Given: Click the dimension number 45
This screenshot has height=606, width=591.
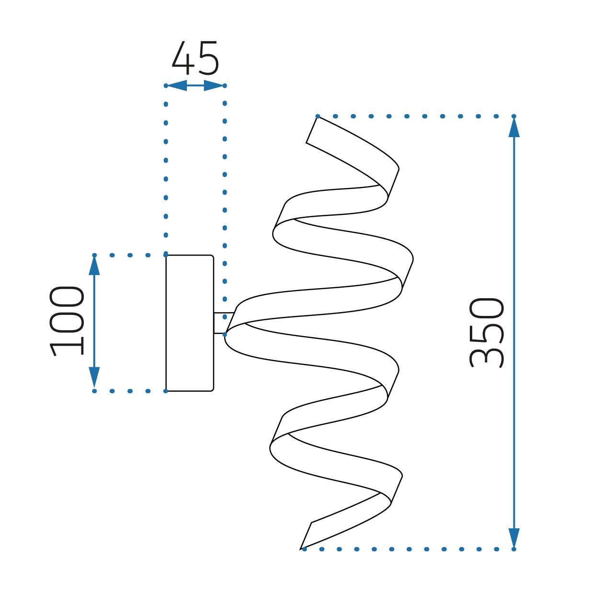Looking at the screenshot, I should pos(195,58).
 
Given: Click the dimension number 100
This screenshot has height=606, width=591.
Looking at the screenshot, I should pos(67,321).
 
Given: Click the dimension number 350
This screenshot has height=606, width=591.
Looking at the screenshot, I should pos(487,332).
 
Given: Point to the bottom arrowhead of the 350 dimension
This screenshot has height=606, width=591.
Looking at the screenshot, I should pos(514,537).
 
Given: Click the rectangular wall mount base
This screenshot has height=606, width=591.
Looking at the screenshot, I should pos(190,323).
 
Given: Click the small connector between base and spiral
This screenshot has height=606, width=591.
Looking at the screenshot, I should pos(221,323).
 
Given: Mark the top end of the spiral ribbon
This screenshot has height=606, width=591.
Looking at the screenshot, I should pos(312,130).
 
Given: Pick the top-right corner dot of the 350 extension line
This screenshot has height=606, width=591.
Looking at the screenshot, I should pos(514,116).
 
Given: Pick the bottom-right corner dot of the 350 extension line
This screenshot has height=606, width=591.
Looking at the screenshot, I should pos(514,549).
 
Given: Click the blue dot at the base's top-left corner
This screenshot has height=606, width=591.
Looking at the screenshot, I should pos(166,255).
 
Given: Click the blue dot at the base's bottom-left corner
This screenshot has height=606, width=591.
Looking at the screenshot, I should pos(166,391).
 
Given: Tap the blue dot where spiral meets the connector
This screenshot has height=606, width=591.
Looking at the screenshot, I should pos(225,334).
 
